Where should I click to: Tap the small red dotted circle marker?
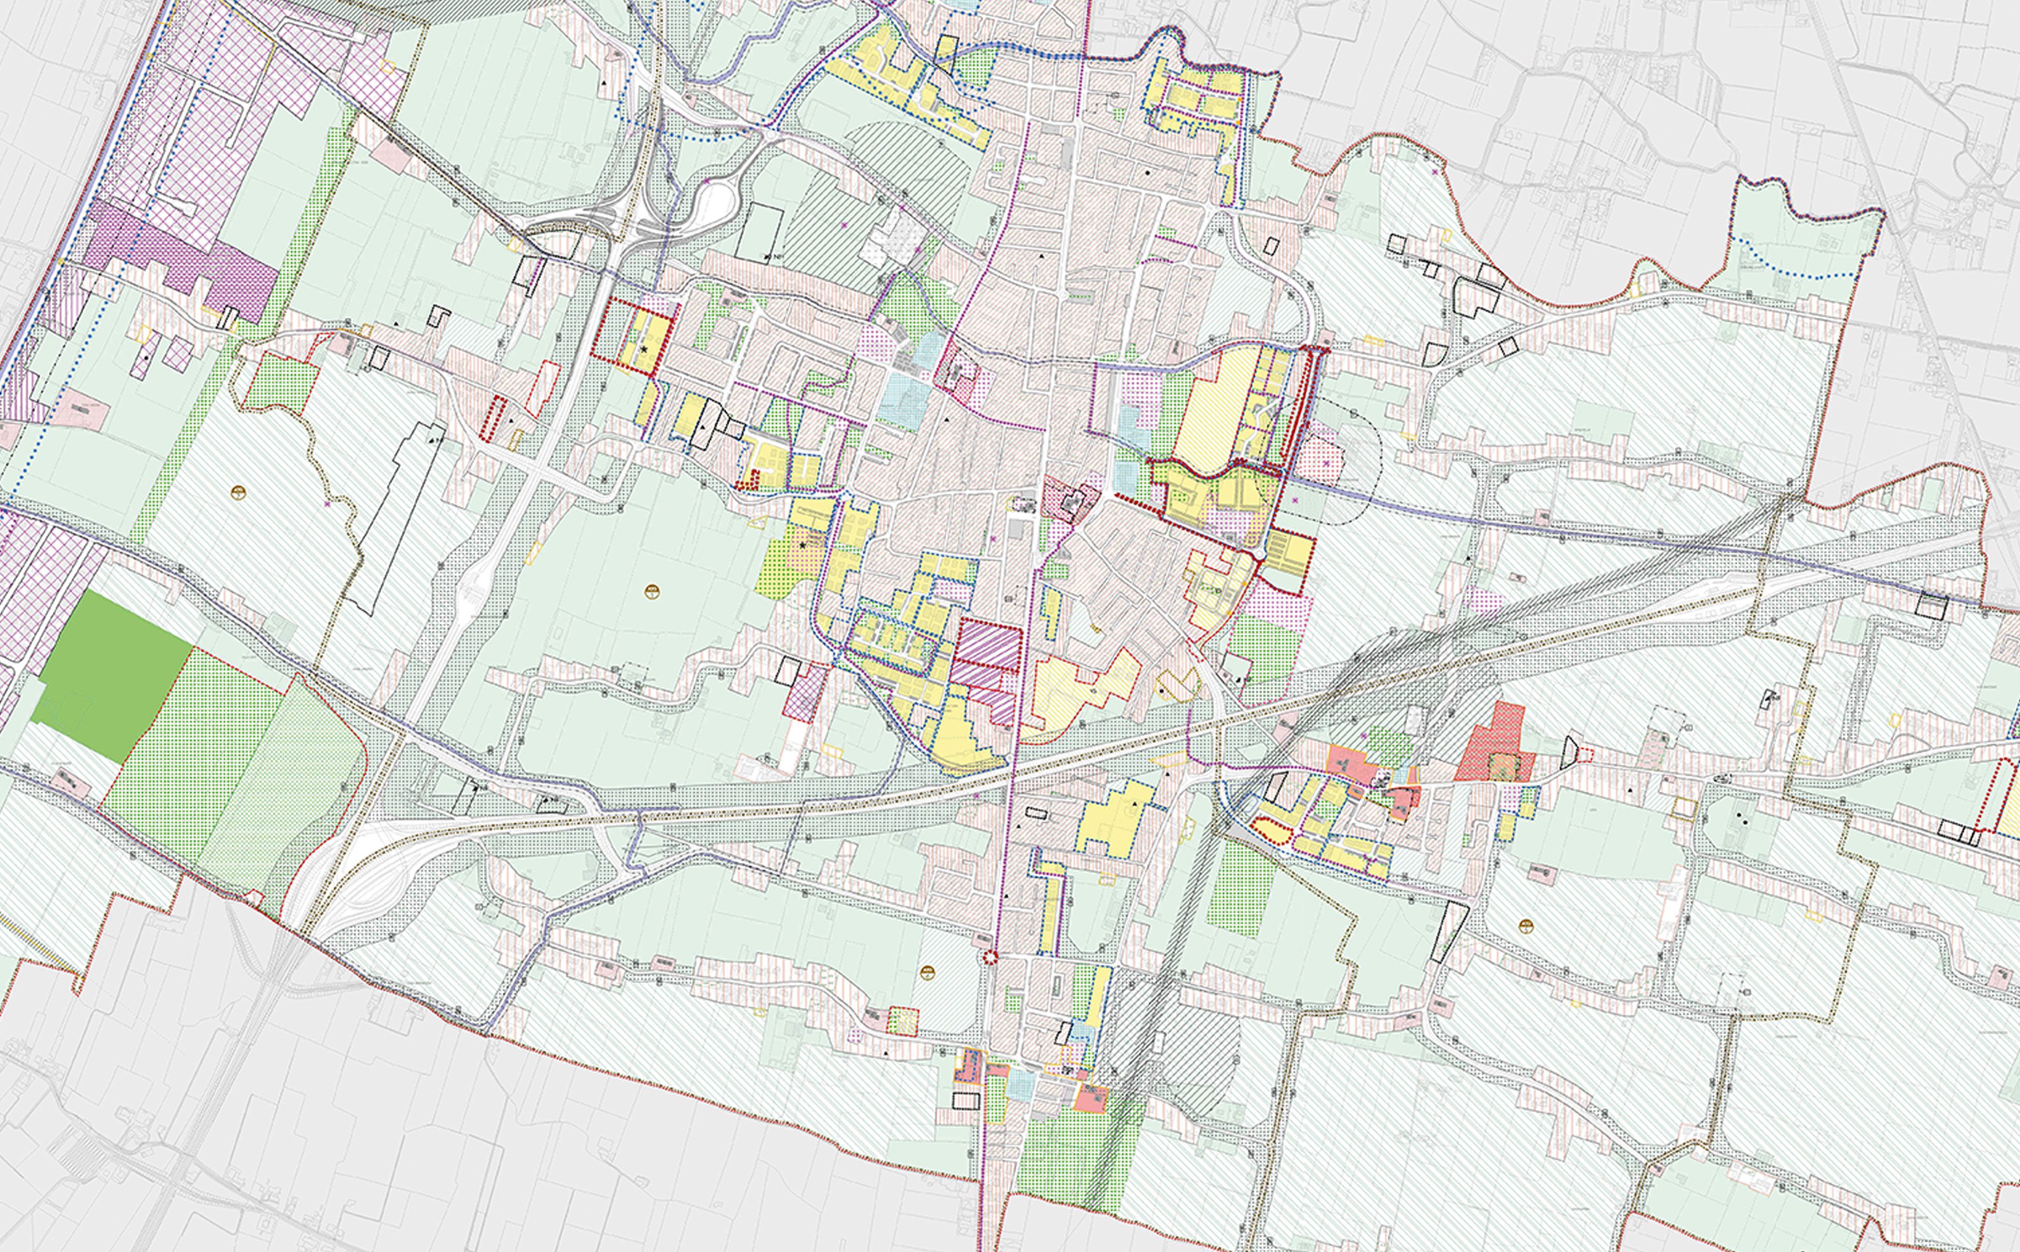coord(990,958)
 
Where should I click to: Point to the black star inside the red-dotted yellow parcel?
coord(644,350)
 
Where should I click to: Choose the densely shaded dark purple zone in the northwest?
coord(178,257)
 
